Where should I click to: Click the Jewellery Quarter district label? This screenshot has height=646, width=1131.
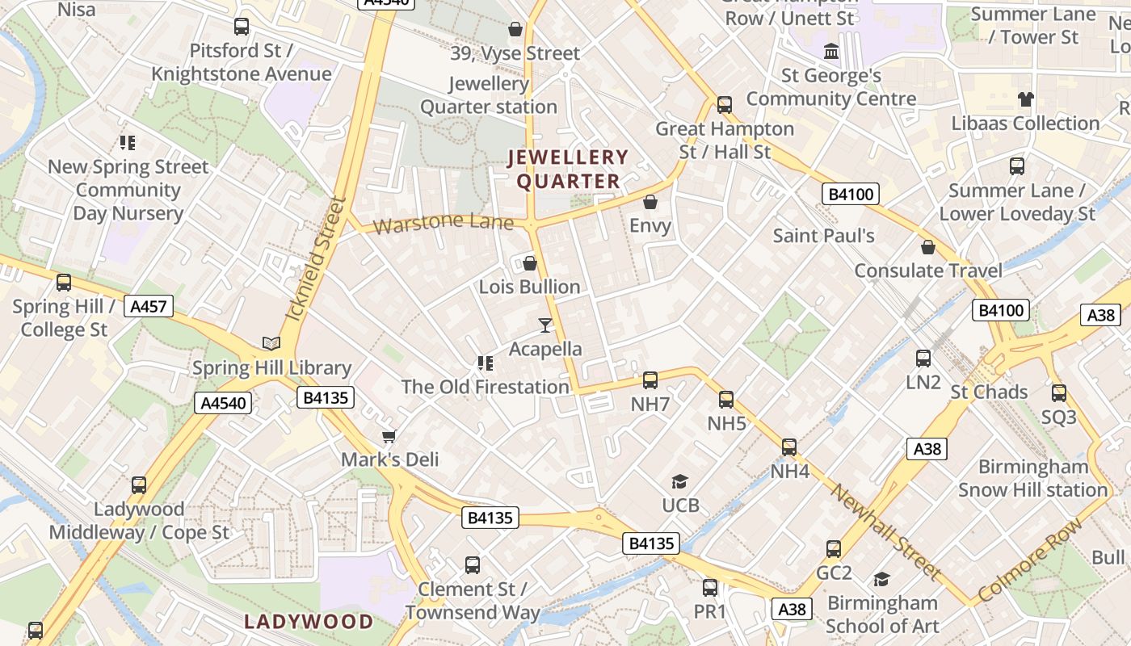point(568,170)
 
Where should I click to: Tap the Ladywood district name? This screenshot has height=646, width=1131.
point(309,622)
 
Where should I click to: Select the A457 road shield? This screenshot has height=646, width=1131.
point(149,306)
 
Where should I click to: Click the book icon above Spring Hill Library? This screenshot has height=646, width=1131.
point(271,343)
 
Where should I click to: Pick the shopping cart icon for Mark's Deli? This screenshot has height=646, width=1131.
point(389,436)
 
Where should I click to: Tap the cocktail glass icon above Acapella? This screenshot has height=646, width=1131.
point(546,325)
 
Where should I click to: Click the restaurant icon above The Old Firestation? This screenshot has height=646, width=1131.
point(486,363)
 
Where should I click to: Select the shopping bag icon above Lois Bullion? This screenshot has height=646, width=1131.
point(530,263)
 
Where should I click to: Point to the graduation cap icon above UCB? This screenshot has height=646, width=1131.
point(680,482)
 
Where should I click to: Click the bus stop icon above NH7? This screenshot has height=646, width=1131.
point(650,380)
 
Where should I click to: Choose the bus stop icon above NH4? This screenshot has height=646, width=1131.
point(789,447)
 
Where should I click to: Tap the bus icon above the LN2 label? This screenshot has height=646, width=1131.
point(923,359)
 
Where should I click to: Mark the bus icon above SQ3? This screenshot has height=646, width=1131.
point(1059,393)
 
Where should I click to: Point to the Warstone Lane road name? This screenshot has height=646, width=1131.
point(444,222)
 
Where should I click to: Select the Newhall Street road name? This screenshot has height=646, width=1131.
point(885,532)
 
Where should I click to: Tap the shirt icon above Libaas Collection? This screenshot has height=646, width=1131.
point(1026,100)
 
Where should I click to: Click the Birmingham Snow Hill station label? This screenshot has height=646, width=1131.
point(1033,478)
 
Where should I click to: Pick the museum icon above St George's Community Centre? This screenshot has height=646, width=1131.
point(830,52)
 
